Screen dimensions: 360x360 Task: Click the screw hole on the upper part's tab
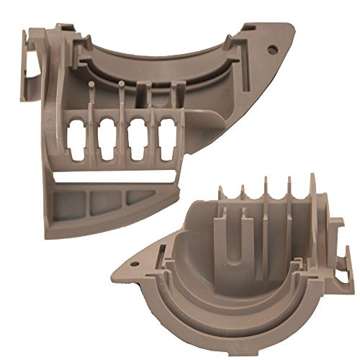(x=273, y=50)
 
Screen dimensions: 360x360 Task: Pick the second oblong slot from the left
(x=109, y=135)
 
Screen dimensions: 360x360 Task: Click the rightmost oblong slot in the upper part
(x=168, y=132)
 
